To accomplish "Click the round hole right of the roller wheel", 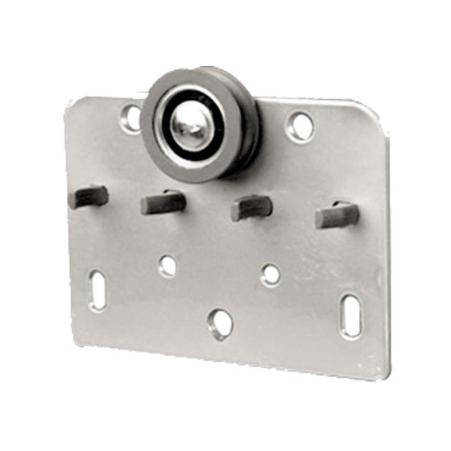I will click(300, 126).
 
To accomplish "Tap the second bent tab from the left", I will click(163, 201).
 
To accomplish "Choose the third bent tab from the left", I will click(251, 207).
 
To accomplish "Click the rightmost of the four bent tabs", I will click(337, 214).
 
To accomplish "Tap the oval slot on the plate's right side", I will click(351, 315).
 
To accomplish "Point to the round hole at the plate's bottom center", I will click(220, 325).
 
